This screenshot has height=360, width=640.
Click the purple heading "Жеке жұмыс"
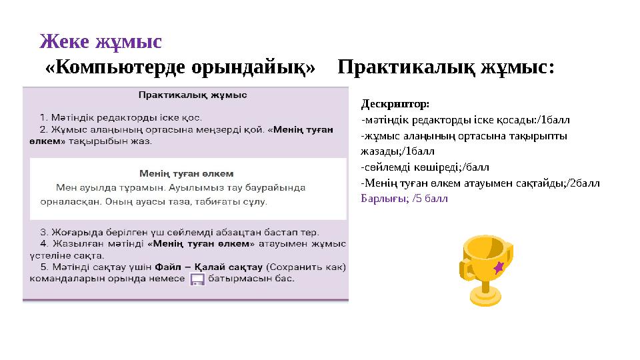point(101,41)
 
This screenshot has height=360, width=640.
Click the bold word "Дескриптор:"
point(395,105)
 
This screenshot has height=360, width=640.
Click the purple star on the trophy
point(498,267)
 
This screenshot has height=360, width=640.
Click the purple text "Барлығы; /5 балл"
point(404,198)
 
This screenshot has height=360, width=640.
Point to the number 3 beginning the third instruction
point(43,232)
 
